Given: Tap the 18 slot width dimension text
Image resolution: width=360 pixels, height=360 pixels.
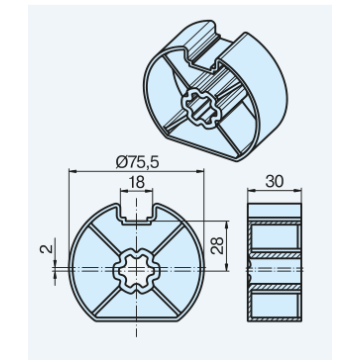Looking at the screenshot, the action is point(136,182).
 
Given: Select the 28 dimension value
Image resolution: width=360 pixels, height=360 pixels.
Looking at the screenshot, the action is point(217,246).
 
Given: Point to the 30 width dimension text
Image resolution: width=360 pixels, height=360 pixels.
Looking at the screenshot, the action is point(274,182).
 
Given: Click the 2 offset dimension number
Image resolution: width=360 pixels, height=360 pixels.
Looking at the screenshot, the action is point(47,249).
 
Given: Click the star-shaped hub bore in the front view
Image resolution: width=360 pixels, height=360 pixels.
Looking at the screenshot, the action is point(136,271).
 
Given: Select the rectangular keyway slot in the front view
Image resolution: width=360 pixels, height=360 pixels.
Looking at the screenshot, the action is point(136,212).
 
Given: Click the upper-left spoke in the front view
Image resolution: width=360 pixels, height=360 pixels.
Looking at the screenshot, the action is point(104,238).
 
